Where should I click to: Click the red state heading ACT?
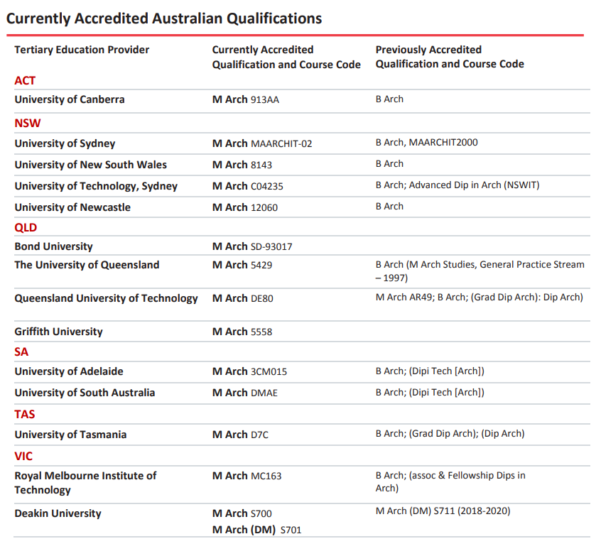point(25,80)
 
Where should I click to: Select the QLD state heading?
point(26,228)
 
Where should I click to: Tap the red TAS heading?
point(25,414)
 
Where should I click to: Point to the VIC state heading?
point(23,456)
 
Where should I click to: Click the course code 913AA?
point(265,100)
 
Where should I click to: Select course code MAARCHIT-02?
point(281,143)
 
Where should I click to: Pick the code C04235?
point(267,187)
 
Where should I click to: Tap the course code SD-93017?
point(271,247)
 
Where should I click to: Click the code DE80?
point(262,298)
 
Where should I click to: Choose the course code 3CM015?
point(269,371)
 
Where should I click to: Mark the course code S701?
point(291,530)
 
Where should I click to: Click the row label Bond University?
point(54,246)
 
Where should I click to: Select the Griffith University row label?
point(59,332)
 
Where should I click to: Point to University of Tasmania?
point(70,435)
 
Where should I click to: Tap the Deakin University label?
point(58,513)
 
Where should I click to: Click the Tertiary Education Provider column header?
point(82,50)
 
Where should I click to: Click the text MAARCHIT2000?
point(443,143)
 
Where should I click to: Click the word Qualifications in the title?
point(274,18)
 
